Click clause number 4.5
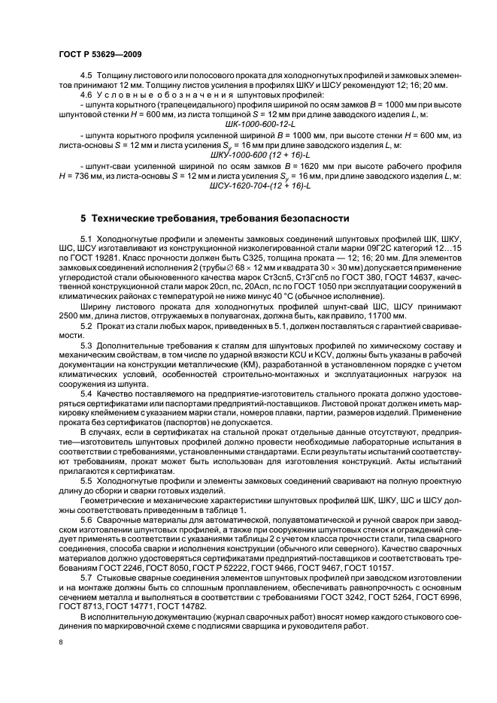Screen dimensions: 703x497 point(86,77)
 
